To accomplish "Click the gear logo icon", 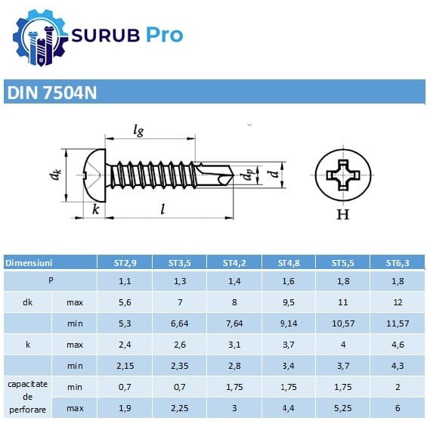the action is [40, 38].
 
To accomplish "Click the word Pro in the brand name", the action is [165, 36].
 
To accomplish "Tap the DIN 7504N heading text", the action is [52, 93].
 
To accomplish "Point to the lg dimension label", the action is [138, 131].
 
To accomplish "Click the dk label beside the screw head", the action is [55, 175].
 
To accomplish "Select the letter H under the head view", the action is [343, 215].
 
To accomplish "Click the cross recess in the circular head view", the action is [343, 175].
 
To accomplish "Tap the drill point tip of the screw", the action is [233, 175].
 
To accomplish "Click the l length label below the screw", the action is [162, 209].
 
